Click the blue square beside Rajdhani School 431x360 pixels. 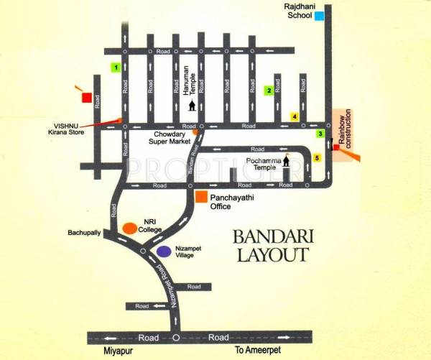tap(319, 16)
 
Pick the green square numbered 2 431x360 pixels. tap(269, 90)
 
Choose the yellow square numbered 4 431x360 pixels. tap(294, 116)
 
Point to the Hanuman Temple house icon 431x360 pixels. tap(192, 106)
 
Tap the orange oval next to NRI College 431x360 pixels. tap(129, 227)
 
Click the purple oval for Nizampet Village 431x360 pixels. tap(164, 251)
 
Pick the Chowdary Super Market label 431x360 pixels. tap(170, 139)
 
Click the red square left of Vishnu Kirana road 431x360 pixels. tap(86, 97)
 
